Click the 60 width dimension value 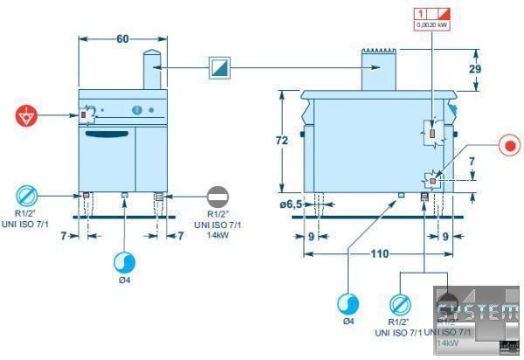(122, 38)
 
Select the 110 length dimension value (378, 254)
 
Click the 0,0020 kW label (434, 26)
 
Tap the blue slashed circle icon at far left (26, 195)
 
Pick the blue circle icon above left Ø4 (125, 262)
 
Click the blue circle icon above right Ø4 (348, 303)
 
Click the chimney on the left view (152, 70)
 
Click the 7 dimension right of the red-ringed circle (472, 163)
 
